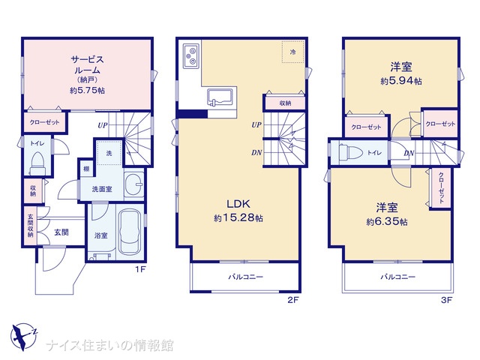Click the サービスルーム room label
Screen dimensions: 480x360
click(x=87, y=64)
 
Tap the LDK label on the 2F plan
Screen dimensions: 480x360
click(x=238, y=204)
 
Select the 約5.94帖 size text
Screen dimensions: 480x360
click(x=401, y=81)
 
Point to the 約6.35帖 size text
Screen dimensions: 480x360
click(x=387, y=222)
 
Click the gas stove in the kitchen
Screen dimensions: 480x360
click(x=191, y=56)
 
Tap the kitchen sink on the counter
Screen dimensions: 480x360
click(x=220, y=97)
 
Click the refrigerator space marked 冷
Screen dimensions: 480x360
click(x=293, y=52)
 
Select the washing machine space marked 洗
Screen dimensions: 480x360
click(x=109, y=153)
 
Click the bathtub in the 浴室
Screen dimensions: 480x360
click(x=130, y=232)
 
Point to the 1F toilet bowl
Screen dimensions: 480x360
click(x=38, y=163)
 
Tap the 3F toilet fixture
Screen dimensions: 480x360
click(x=351, y=152)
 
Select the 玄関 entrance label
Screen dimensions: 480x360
click(x=61, y=232)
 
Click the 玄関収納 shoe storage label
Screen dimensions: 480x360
click(x=31, y=226)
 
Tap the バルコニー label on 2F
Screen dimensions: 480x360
click(x=245, y=277)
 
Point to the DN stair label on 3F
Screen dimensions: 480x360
click(x=409, y=153)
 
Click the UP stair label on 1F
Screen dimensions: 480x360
click(x=103, y=125)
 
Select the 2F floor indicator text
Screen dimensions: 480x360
click(x=292, y=300)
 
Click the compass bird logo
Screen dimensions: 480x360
click(x=23, y=337)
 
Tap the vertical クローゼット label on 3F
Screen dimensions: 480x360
click(x=441, y=188)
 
